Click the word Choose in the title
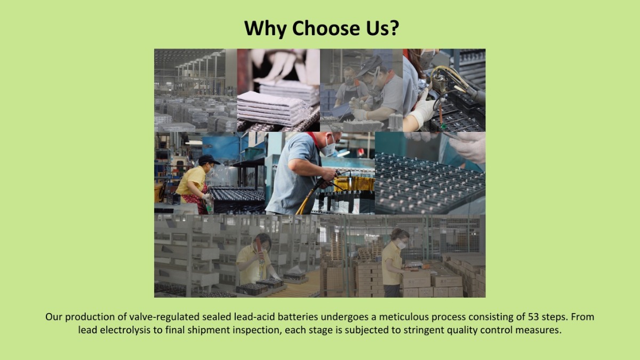tap(326, 28)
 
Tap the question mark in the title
tap(394, 28)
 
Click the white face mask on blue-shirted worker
tap(329, 149)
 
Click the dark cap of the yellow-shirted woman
tap(209, 159)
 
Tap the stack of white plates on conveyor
tap(273, 108)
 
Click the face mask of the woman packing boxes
tap(402, 245)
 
